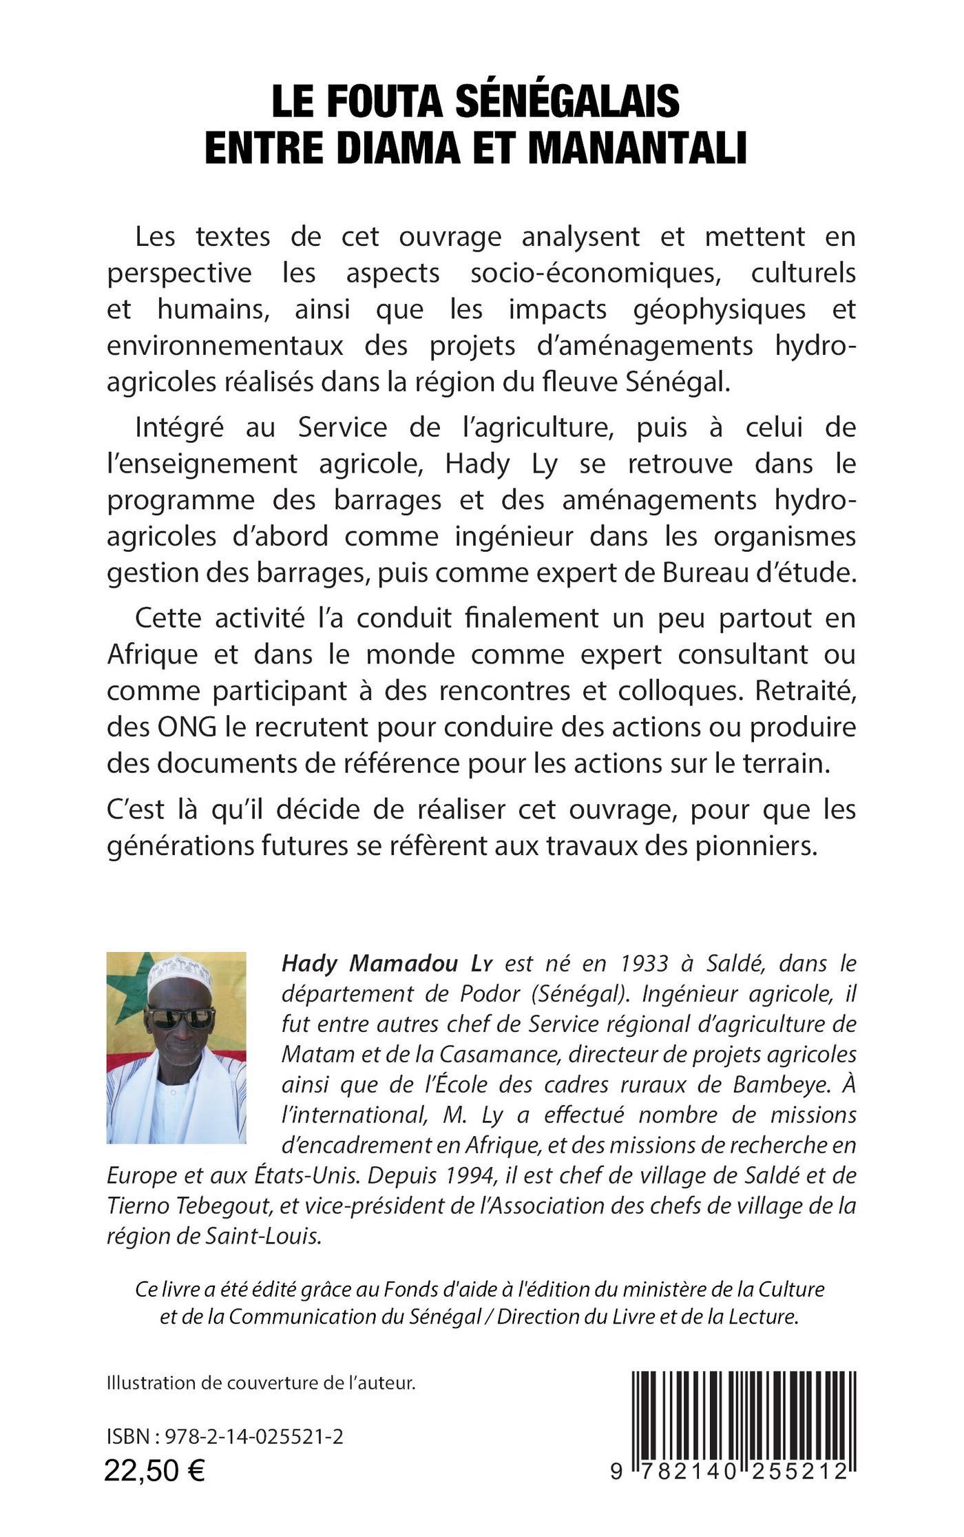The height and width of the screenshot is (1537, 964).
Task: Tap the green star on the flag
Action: click(x=131, y=989)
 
